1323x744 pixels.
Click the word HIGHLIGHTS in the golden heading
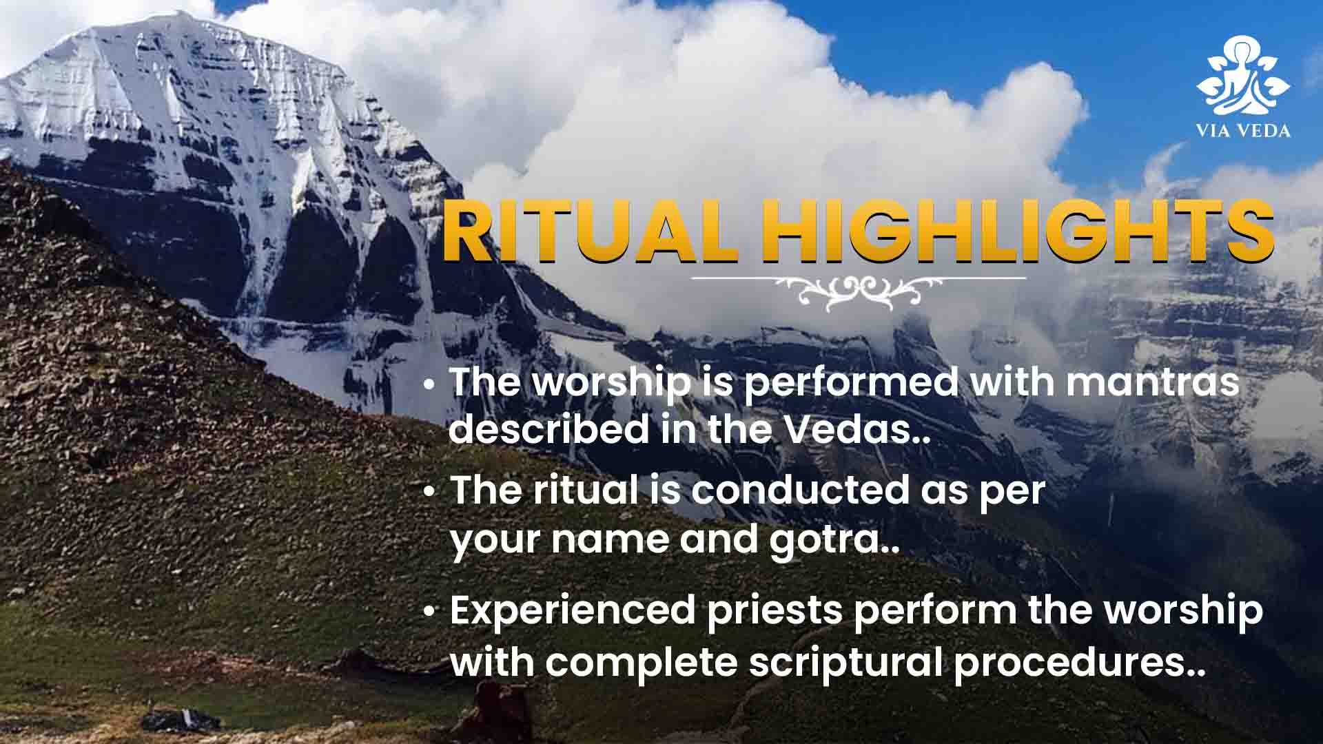click(x=1016, y=231)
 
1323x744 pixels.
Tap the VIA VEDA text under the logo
click(x=1243, y=130)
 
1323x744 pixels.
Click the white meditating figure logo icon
click(x=1243, y=75)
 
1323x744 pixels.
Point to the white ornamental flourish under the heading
click(x=859, y=289)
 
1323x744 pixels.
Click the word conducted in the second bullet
click(x=801, y=490)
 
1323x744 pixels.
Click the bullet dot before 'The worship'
click(x=429, y=384)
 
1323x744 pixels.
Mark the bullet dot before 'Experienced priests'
click(x=429, y=613)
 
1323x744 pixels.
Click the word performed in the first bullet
click(x=851, y=382)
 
